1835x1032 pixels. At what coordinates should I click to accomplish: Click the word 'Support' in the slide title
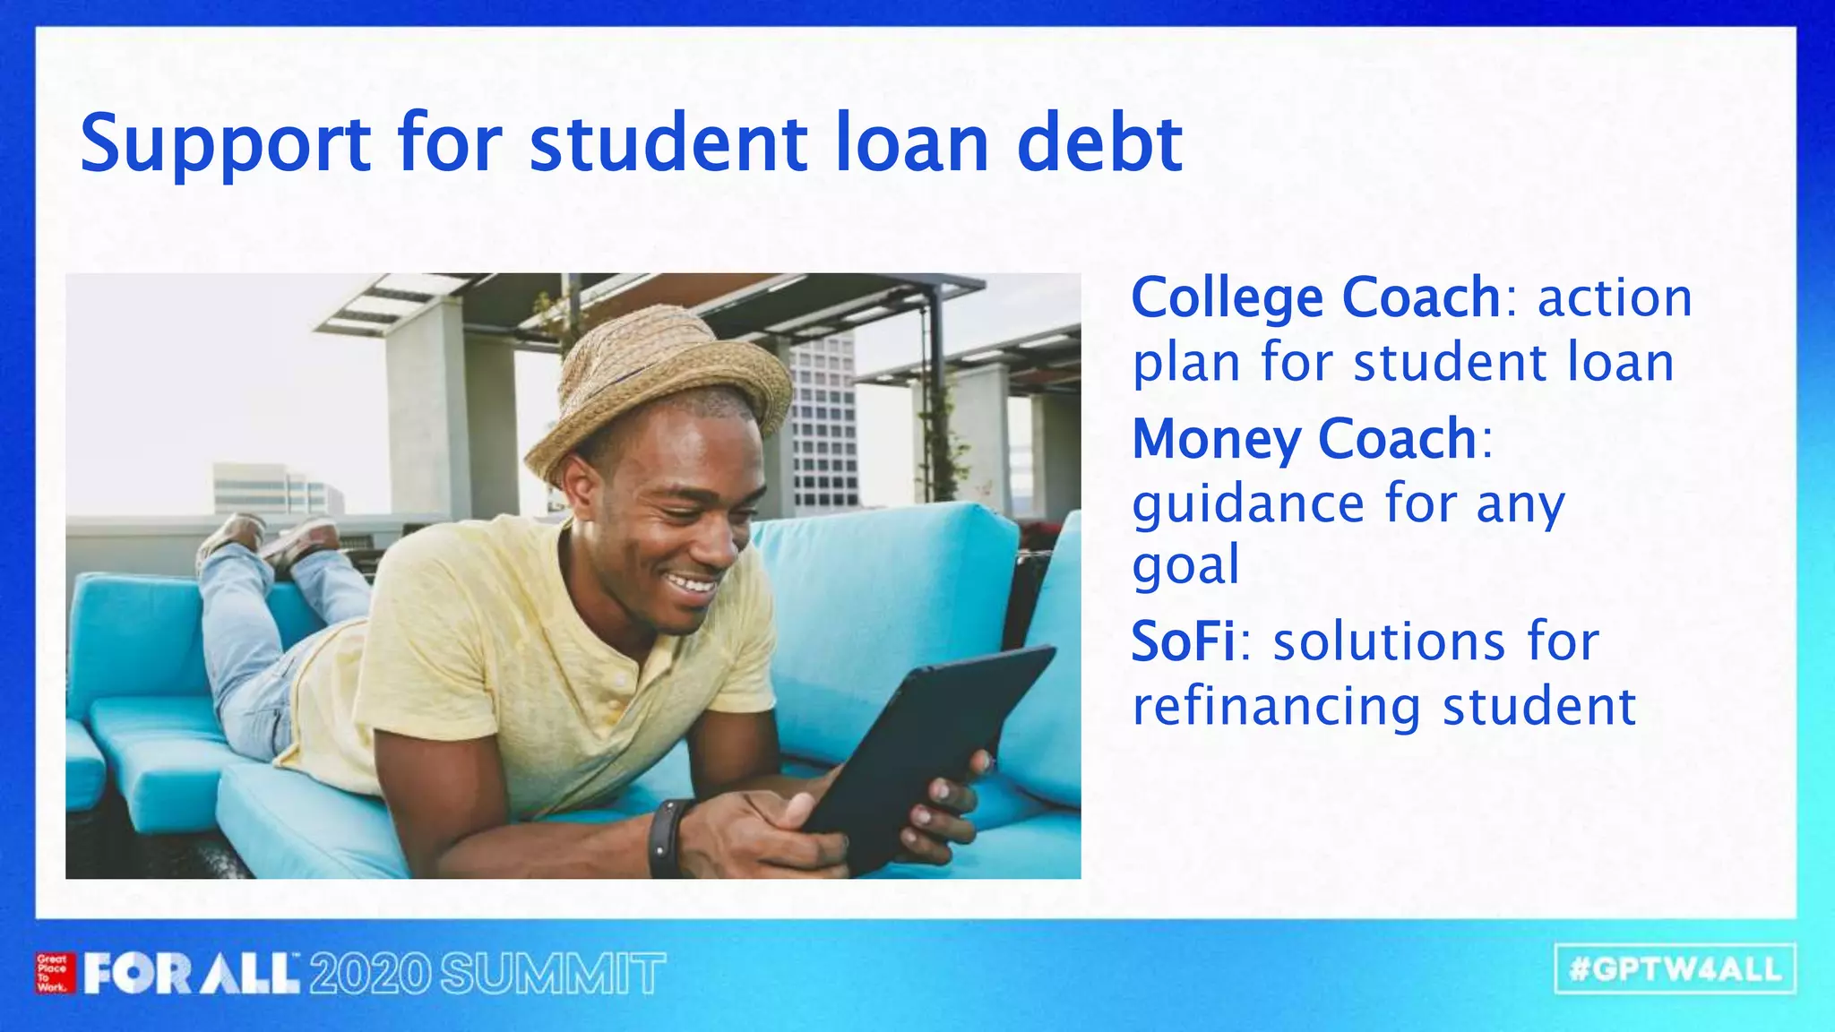tap(225, 145)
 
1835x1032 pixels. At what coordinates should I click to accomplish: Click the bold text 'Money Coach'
tap(1304, 439)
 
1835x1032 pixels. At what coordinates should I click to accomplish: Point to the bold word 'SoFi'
tap(1183, 641)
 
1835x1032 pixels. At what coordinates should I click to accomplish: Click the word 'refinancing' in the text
tap(1276, 708)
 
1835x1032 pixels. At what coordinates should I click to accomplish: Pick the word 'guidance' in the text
tap(1248, 504)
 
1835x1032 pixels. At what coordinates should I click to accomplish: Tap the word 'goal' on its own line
tap(1185, 566)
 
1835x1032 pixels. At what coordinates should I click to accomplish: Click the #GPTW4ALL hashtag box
tap(1675, 969)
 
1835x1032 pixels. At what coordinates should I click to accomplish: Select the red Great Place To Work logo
tap(53, 974)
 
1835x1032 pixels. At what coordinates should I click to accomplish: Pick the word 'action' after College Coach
tap(1615, 299)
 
